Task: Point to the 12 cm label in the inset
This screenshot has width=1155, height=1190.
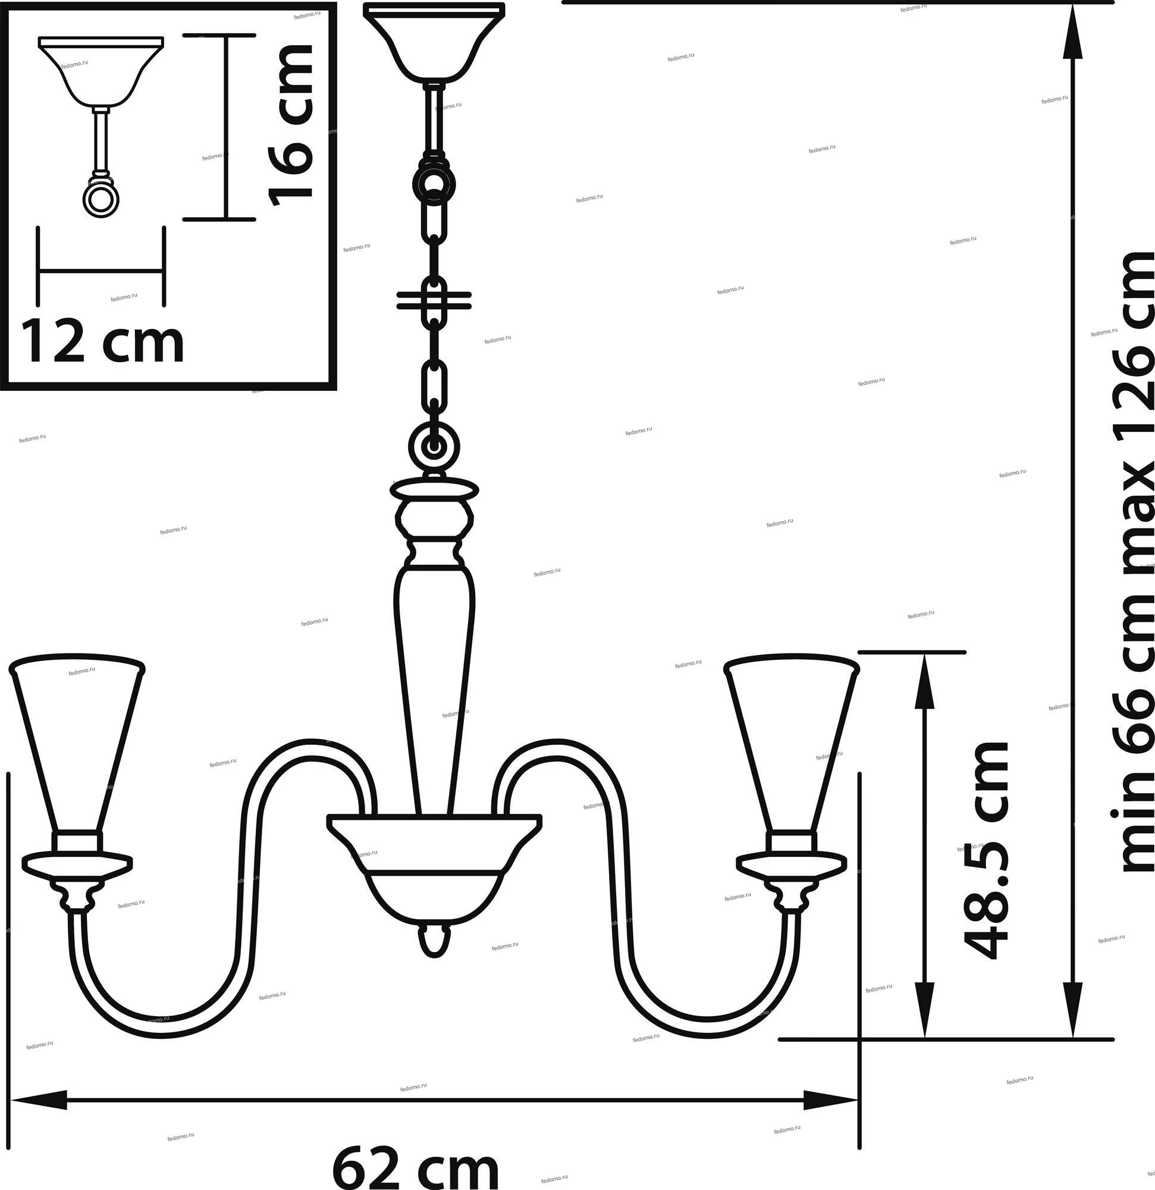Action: click(x=103, y=343)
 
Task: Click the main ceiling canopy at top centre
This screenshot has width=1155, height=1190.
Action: click(x=434, y=41)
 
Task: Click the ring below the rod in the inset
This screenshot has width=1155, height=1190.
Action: click(x=99, y=199)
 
